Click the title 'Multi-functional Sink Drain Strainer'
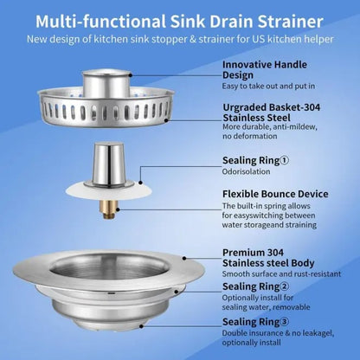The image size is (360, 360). coord(180,20)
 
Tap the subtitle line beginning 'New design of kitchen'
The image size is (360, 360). coord(180,39)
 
